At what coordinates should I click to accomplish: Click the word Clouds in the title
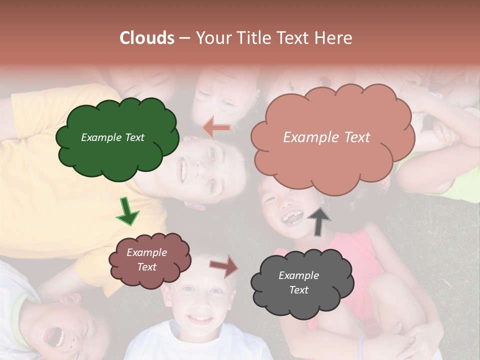pos(147,38)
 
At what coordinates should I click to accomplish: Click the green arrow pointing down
pos(127,212)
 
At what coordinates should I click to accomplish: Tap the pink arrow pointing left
pos(216,128)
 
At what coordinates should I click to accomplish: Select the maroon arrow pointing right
pos(224,265)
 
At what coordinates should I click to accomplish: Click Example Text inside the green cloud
pos(112,137)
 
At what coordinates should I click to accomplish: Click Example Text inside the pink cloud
pos(326,137)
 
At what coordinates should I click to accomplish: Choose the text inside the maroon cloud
pos(146,260)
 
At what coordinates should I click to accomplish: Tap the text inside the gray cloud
pos(298,282)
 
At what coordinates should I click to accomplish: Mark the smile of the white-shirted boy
pos(200,318)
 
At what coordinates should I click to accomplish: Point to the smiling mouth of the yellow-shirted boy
pos(183,169)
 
